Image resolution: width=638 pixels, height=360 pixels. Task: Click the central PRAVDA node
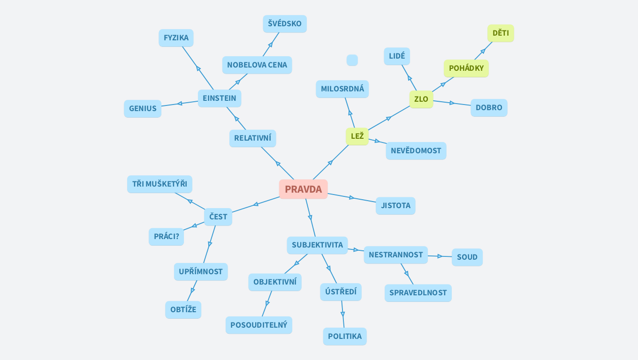303,189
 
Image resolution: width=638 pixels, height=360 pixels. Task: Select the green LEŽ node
357,136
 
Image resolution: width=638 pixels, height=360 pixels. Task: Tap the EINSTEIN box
219,98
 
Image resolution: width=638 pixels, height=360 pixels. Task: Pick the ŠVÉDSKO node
285,24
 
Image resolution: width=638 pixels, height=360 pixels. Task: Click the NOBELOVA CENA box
257,65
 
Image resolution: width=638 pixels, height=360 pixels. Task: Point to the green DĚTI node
501,33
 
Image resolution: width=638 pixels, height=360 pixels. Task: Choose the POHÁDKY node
466,68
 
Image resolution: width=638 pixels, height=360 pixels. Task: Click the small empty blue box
352,60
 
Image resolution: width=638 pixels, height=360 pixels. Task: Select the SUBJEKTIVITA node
317,245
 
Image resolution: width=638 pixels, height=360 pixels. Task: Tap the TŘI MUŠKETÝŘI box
159,184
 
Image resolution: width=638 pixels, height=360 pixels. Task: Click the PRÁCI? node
166,237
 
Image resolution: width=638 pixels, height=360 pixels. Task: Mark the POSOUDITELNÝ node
258,325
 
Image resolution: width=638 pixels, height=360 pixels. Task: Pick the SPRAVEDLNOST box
418,293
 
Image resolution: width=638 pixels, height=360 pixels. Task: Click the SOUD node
467,257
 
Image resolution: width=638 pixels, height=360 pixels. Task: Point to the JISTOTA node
395,206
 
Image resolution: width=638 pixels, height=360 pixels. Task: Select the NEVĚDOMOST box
416,151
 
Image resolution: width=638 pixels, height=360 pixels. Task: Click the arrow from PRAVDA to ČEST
256,204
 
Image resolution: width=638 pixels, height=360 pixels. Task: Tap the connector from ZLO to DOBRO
452,103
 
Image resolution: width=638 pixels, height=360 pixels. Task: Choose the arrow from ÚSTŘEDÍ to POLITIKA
342,314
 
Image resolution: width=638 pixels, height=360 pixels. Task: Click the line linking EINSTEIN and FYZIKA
198,68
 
